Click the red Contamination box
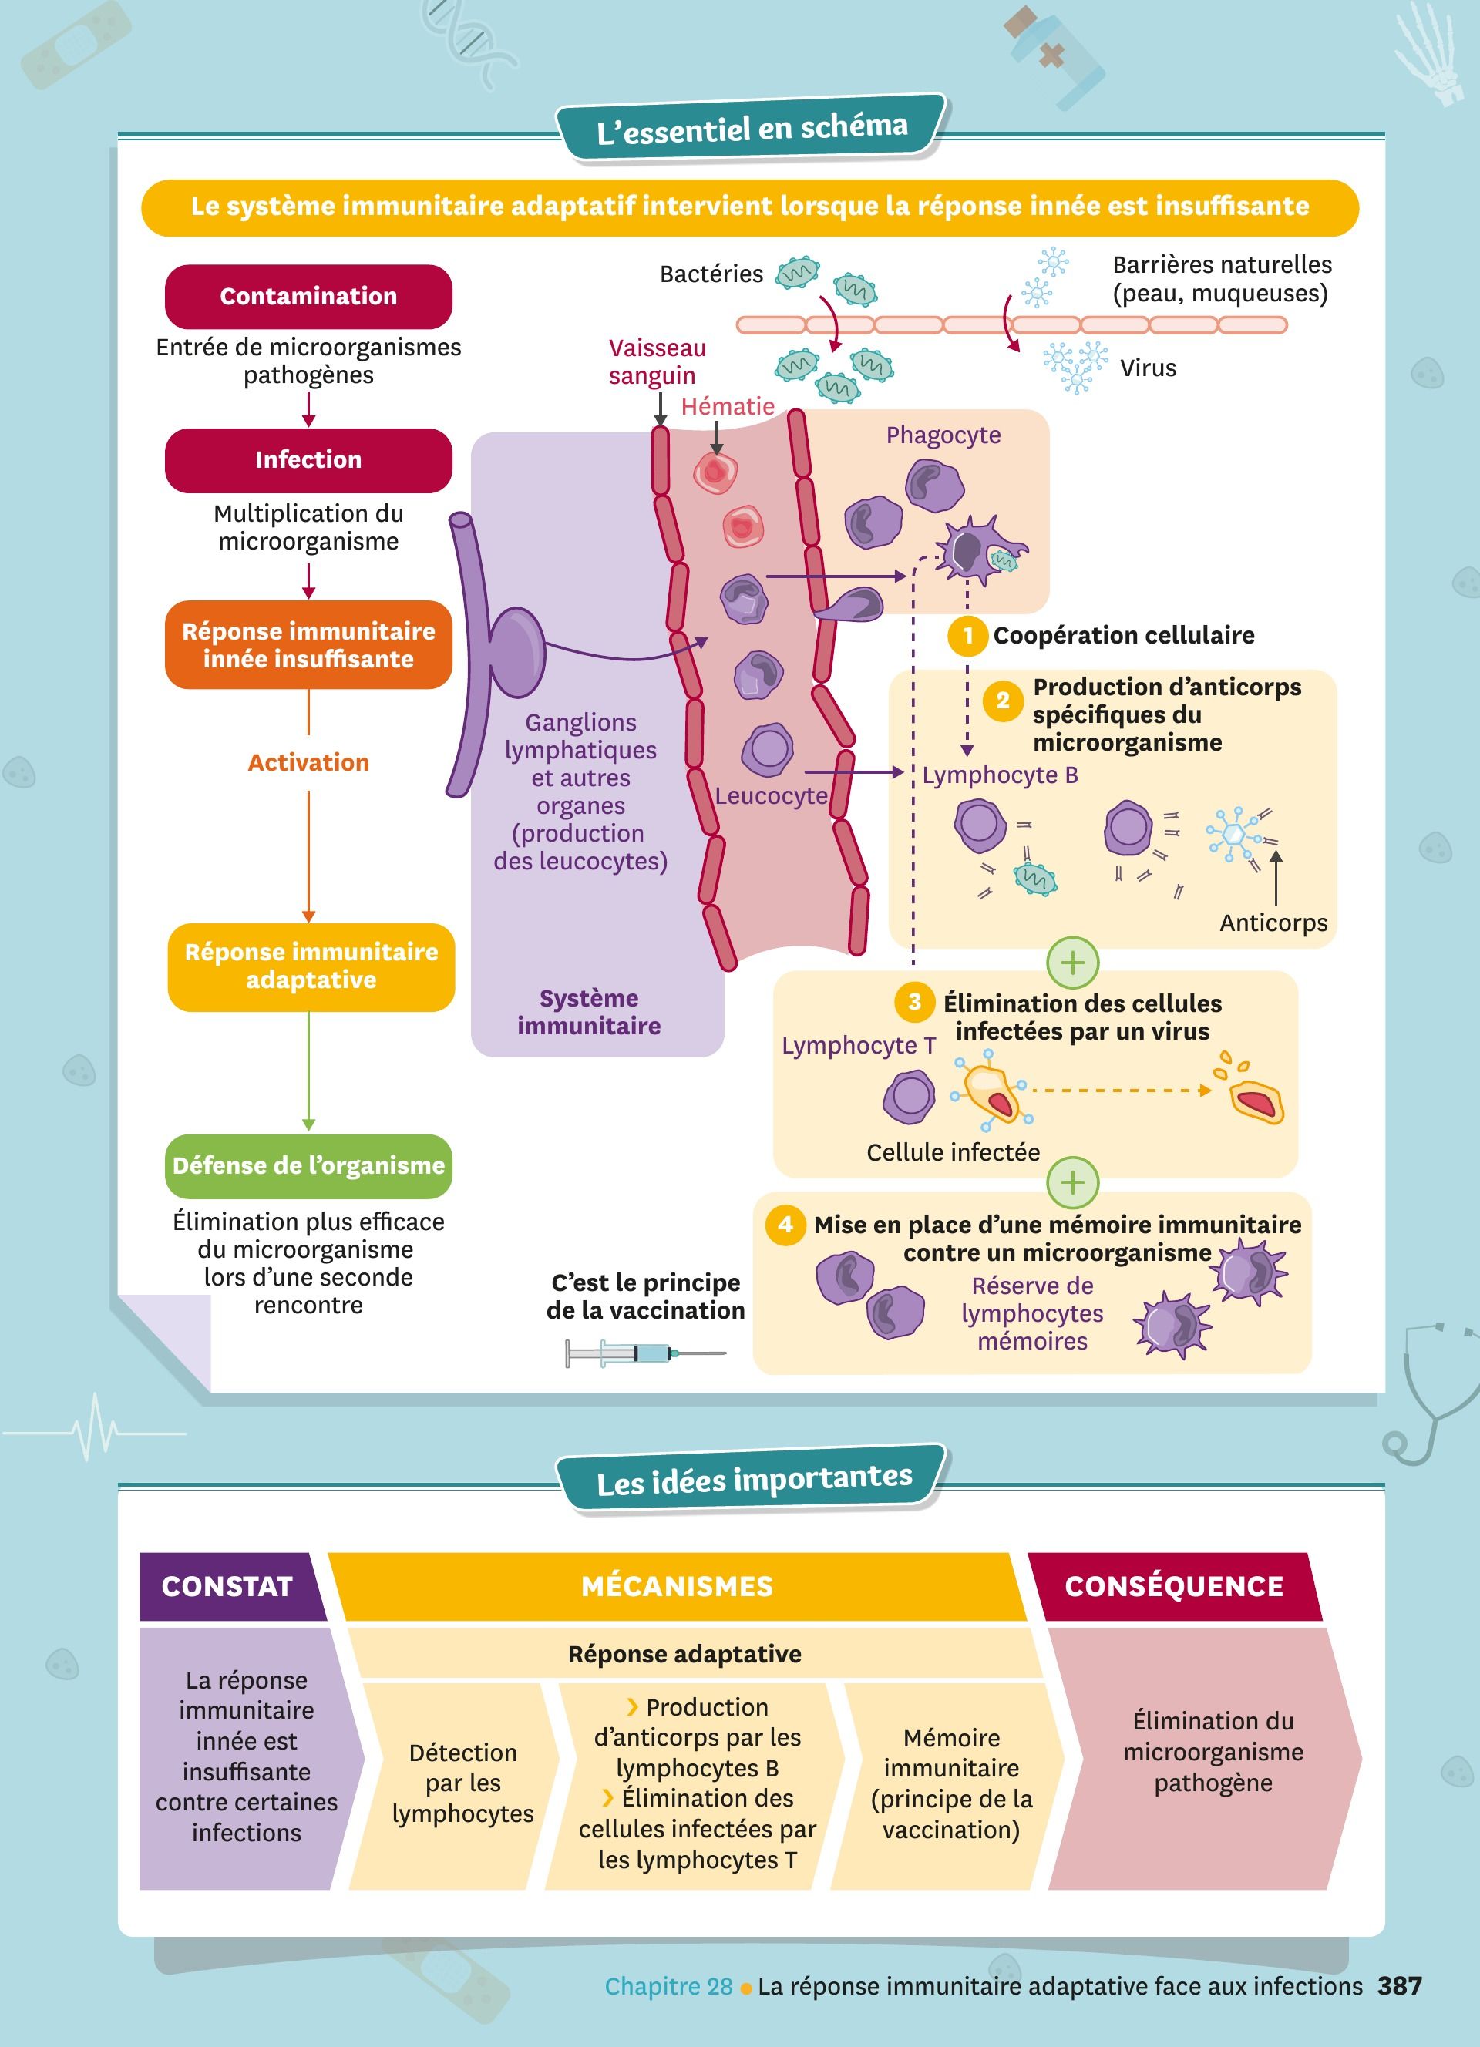point(308,296)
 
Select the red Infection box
point(308,459)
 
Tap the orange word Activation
point(308,763)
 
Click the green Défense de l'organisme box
point(308,1165)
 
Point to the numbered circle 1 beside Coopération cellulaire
point(967,635)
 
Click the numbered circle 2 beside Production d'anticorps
point(1003,701)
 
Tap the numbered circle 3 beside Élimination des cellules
point(914,1001)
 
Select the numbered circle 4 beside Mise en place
point(785,1224)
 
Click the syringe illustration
point(644,1353)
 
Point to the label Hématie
point(728,406)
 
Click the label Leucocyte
point(771,796)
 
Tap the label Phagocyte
point(943,435)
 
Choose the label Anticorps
point(1273,923)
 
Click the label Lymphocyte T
point(858,1045)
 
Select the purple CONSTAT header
point(227,1586)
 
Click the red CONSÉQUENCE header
point(1173,1586)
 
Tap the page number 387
point(1400,1985)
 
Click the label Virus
point(1148,368)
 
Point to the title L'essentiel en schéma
point(752,129)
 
